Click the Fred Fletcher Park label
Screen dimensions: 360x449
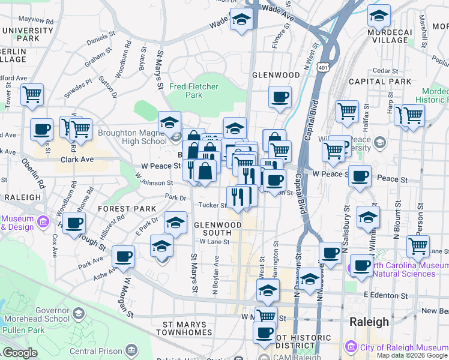pos(194,91)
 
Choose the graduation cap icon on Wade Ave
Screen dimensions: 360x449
pos(241,19)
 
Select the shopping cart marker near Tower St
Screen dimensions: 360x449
pos(32,94)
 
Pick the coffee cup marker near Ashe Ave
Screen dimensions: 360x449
pos(124,256)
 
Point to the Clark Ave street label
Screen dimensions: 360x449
pos(77,160)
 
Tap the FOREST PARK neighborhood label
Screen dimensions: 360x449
pos(127,209)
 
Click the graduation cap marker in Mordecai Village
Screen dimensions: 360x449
pos(379,14)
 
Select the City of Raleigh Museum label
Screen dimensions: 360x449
pos(402,347)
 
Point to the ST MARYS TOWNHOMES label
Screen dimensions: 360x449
pos(184,328)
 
